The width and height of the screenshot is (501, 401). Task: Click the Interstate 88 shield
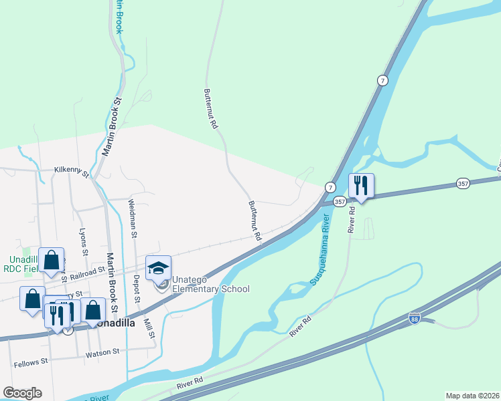416,320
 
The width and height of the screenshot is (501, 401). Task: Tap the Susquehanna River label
319,250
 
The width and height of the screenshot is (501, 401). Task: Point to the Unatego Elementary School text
211,284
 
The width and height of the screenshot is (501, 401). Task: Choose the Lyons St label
83,242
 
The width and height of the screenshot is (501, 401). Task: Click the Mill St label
151,327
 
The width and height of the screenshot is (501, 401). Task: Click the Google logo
22,393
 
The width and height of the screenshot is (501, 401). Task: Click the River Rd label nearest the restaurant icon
351,220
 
